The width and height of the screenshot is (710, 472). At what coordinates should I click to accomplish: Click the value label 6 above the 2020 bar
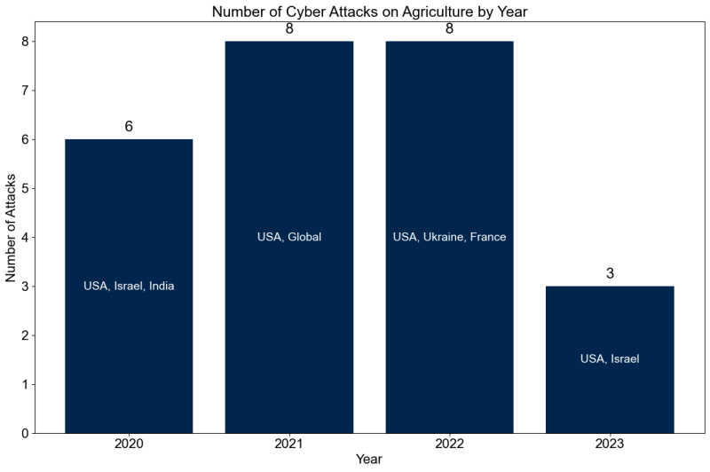point(129,127)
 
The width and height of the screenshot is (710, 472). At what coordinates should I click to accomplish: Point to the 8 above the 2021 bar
point(289,28)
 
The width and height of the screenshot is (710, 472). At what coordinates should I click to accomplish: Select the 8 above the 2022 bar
point(449,28)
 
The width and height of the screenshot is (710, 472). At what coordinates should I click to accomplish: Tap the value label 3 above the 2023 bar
point(610,274)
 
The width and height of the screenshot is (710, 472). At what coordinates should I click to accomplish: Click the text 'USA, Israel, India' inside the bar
point(129,286)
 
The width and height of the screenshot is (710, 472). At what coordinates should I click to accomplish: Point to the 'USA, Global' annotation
point(289,237)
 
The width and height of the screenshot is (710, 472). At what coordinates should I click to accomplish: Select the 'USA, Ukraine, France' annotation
point(449,237)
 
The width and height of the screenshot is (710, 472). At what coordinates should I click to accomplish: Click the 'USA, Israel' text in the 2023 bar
point(610,359)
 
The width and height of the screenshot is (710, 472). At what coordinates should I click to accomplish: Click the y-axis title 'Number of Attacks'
point(12,236)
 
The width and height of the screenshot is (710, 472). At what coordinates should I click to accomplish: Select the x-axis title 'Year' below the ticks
point(369,460)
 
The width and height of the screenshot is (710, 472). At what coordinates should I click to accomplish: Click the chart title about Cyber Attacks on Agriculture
point(369,12)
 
